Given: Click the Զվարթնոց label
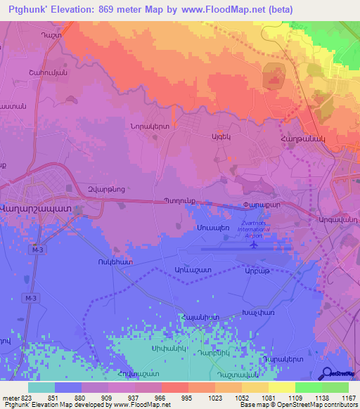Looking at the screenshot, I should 86,188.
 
